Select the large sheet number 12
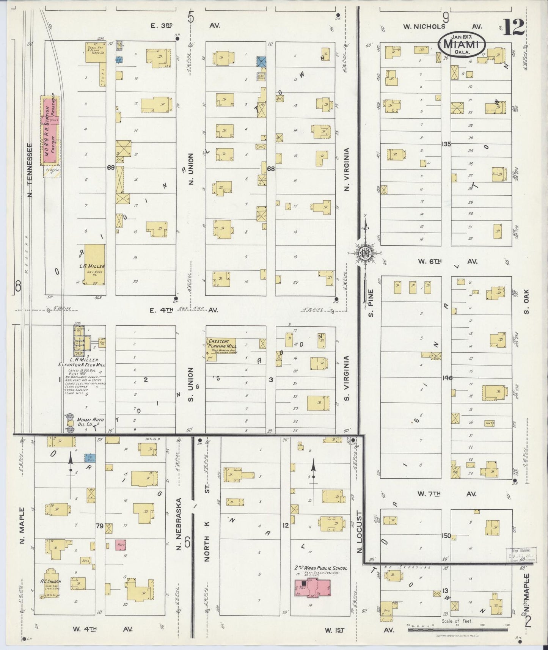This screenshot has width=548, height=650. [x=514, y=27]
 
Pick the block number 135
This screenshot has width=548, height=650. [x=446, y=144]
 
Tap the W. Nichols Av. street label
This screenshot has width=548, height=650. [x=442, y=26]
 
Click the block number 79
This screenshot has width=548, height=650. [x=100, y=526]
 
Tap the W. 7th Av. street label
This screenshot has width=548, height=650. [x=446, y=494]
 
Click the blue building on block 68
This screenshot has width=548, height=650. [x=261, y=61]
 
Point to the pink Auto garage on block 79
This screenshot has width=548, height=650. [x=121, y=545]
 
